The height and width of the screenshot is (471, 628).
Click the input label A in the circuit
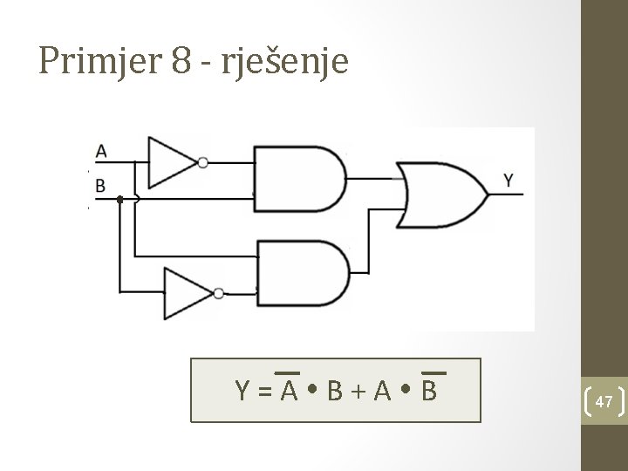tap(101, 151)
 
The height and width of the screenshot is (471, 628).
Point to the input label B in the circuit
tap(100, 185)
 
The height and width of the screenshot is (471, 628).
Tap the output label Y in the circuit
tap(509, 181)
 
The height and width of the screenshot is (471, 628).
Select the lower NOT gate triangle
tap(186, 293)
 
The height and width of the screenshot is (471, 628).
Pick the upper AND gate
tap(297, 179)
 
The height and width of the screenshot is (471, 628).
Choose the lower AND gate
tap(301, 271)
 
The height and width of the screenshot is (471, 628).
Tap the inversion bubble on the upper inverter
tap(203, 162)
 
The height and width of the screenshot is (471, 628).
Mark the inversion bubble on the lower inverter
tap(219, 293)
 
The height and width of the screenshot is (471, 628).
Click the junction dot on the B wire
tap(120, 200)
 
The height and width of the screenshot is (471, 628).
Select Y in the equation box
tap(243, 392)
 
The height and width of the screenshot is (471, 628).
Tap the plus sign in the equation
tap(357, 392)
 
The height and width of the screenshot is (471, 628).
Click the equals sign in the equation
tap(265, 392)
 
